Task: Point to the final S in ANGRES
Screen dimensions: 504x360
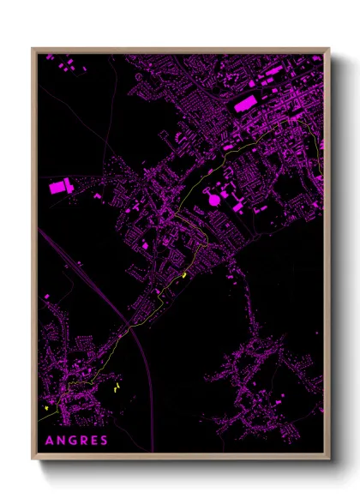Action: [x=104, y=441]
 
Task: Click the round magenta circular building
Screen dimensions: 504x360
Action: [x=213, y=200]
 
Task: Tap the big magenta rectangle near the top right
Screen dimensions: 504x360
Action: [x=244, y=104]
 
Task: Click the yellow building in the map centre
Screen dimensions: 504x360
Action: [x=184, y=275]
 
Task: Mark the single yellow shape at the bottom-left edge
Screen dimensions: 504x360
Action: [x=45, y=409]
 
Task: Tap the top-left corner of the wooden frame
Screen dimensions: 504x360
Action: [x=33, y=50]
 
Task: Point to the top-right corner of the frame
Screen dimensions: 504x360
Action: [x=328, y=50]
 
